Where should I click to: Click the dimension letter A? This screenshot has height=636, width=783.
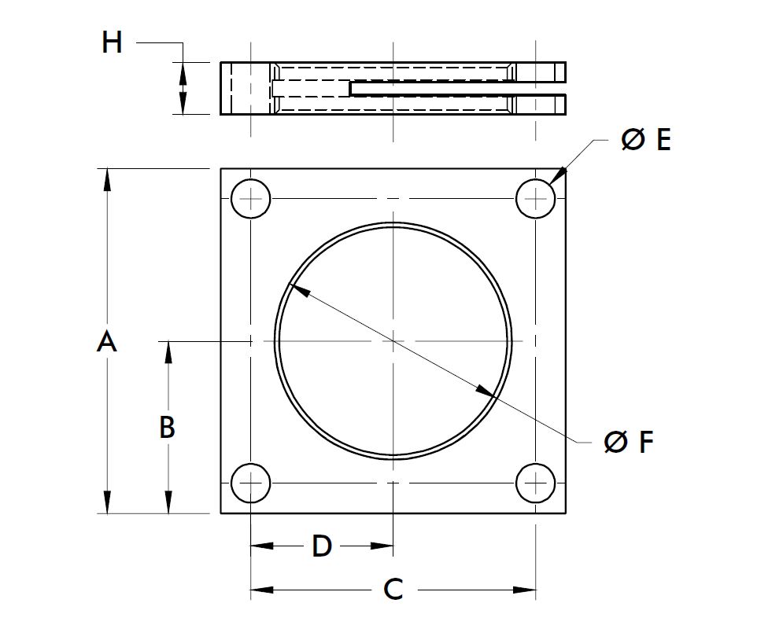pos(107,342)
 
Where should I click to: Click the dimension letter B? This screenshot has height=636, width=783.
pos(167,427)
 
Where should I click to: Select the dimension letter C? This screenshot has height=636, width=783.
pos(393,589)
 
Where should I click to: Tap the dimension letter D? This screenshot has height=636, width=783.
pos(321,546)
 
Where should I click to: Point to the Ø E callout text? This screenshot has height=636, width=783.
pos(645,140)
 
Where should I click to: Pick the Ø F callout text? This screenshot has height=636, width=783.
pos(629,443)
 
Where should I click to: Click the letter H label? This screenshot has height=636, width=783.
pos(113,42)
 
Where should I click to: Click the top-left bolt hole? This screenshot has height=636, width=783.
pos(250,199)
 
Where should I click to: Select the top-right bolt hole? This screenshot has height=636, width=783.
pos(535,199)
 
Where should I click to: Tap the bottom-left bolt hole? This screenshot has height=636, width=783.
pos(250,483)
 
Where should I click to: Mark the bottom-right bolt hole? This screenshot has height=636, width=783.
pos(535,483)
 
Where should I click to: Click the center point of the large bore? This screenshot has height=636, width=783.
pos(393,340)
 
